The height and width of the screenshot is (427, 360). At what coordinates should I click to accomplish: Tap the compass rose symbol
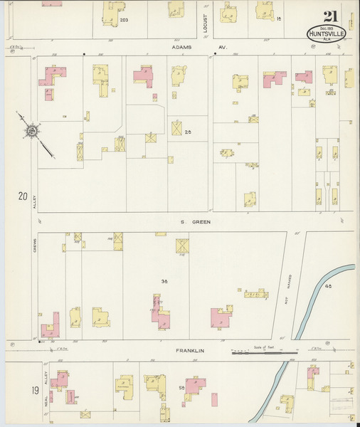tap(32, 131)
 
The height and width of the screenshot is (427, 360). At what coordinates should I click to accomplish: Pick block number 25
tap(188, 132)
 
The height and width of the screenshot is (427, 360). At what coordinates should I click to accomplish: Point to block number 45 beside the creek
tap(328, 286)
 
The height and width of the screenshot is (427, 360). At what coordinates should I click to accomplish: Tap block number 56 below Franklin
tap(181, 387)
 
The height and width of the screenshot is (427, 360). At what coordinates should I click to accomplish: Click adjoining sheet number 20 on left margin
tap(23, 196)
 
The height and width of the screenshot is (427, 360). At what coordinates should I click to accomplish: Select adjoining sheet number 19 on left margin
tap(15, 390)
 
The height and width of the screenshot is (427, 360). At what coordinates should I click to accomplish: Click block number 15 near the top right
tap(279, 19)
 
